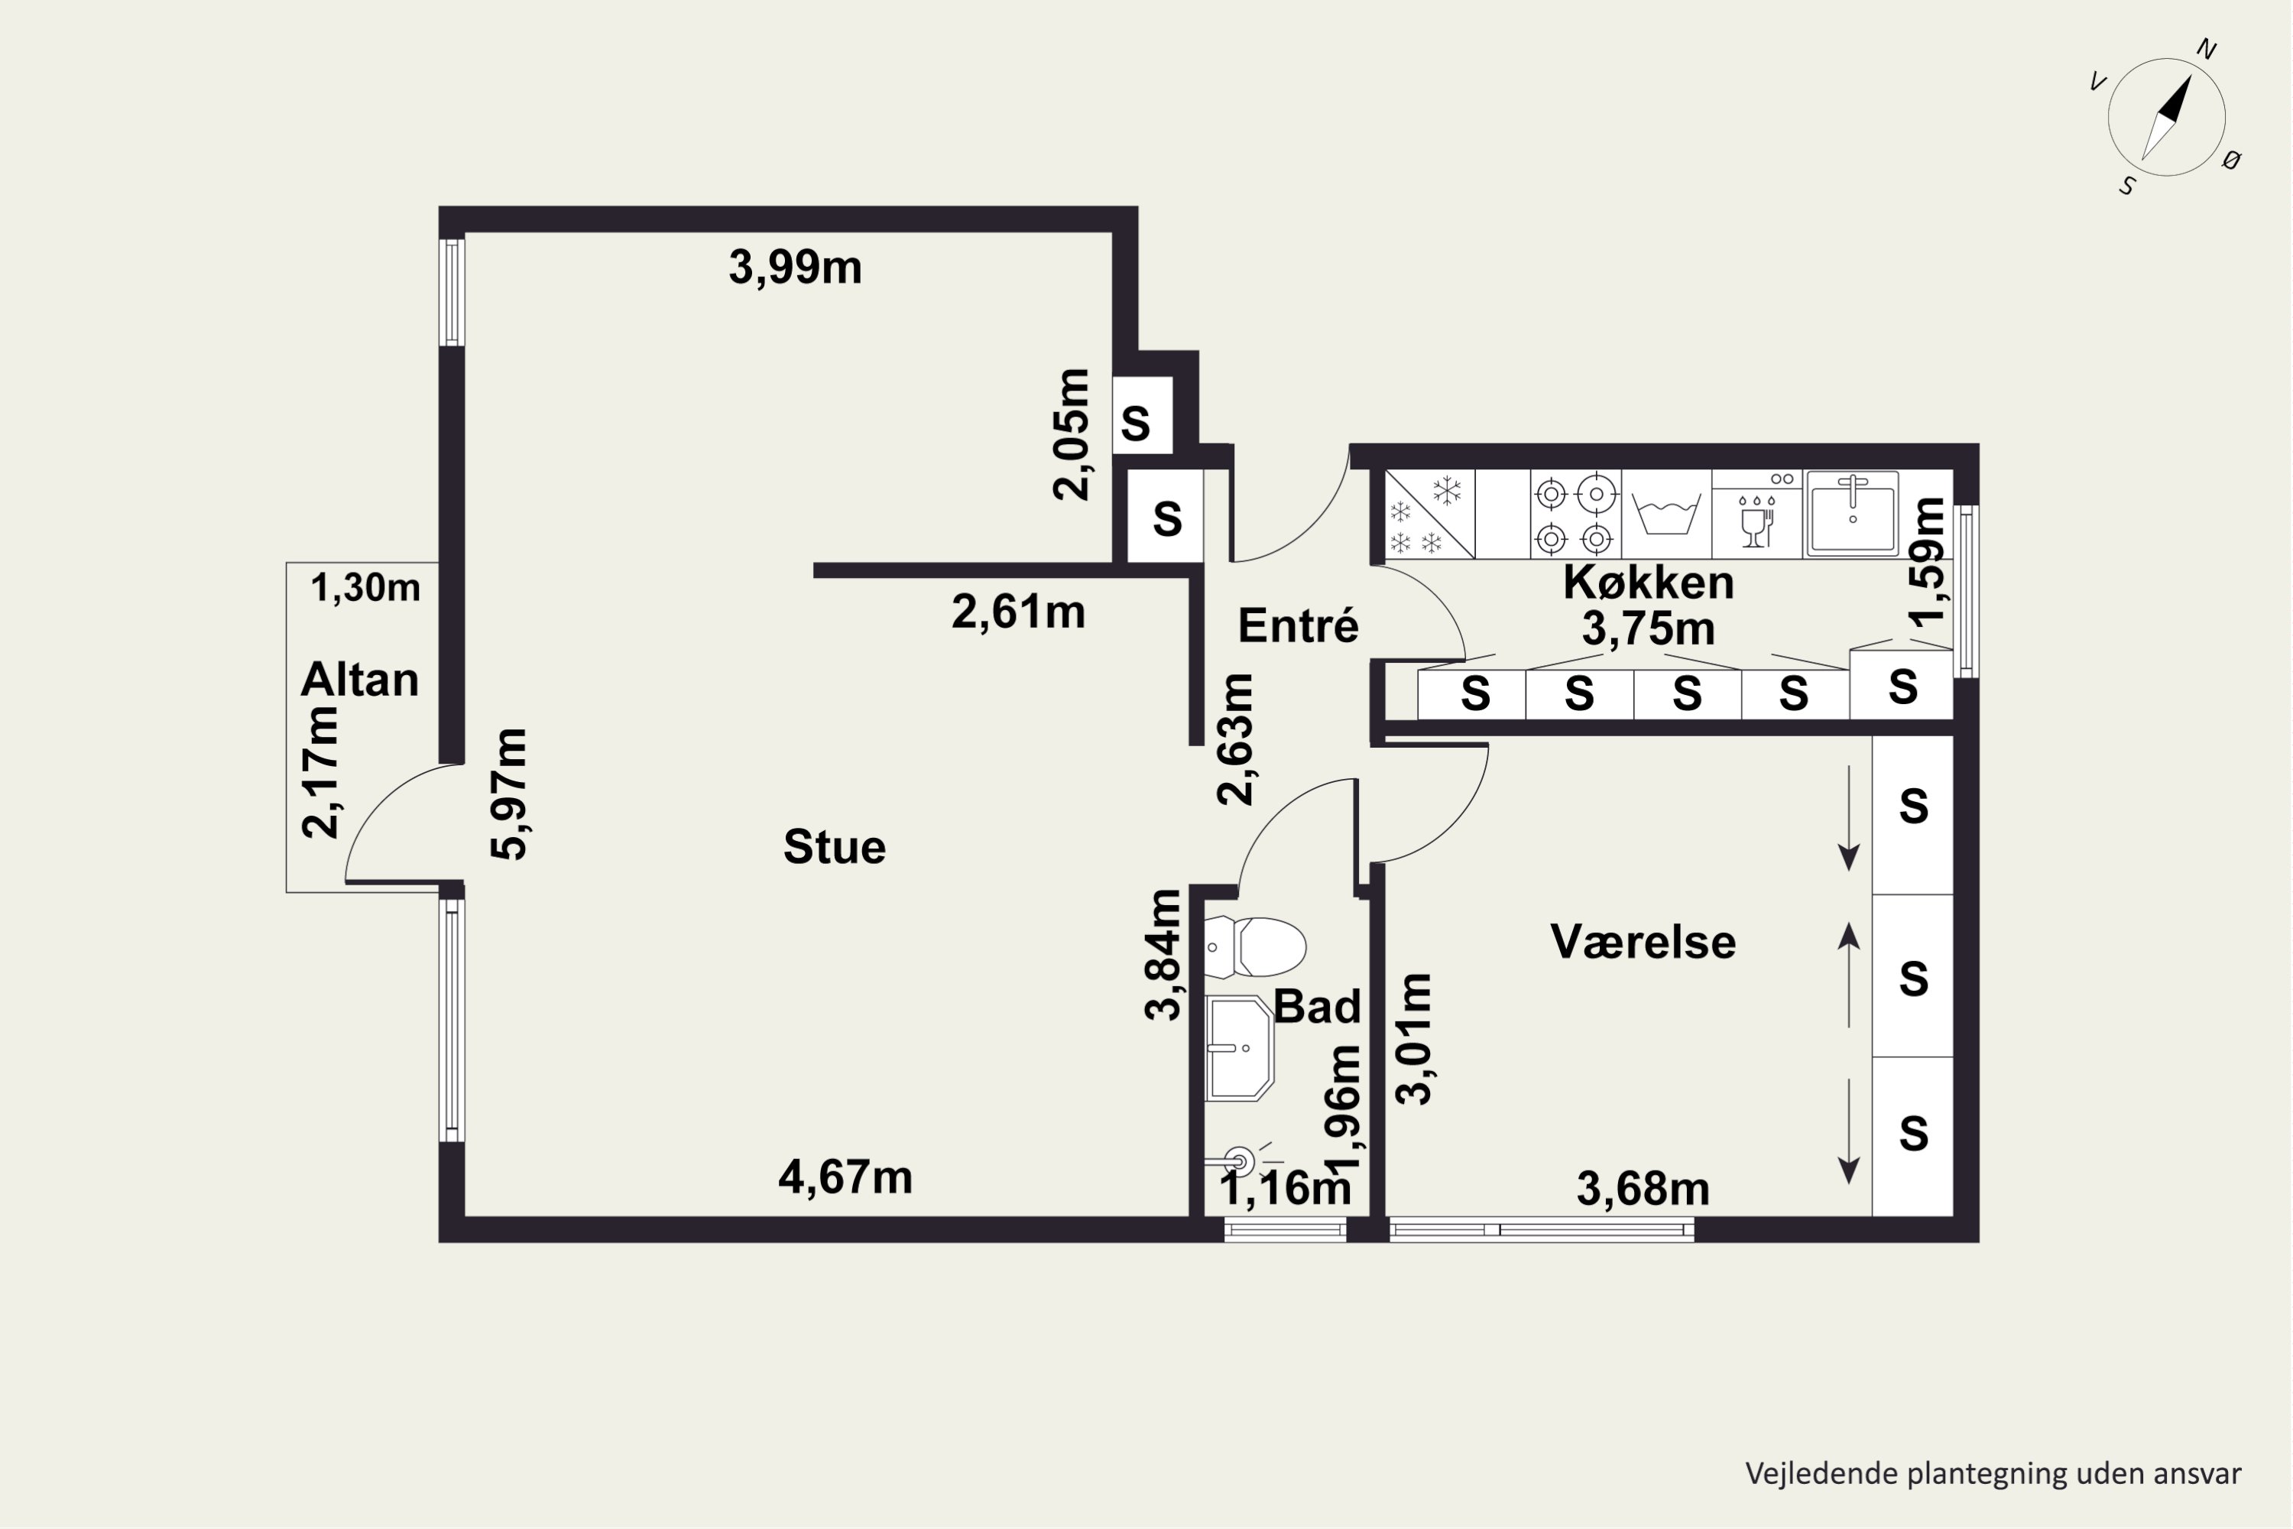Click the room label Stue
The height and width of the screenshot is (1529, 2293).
[x=835, y=846]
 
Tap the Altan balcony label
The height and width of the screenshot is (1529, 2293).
[x=360, y=679]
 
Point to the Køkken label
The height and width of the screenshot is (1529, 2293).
[x=1649, y=582]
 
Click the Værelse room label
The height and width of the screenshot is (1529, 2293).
[x=1643, y=942]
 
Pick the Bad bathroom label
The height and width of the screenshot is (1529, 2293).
[x=1317, y=1006]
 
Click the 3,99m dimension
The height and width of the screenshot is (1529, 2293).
[x=796, y=267]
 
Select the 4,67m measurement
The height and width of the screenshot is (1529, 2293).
[x=845, y=1178]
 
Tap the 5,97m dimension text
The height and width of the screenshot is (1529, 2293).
[x=509, y=794]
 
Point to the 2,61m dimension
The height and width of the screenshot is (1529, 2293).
[x=1019, y=612]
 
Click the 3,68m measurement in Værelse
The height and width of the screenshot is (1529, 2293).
[x=1643, y=1190]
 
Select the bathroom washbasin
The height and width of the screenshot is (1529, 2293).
[x=1239, y=1048]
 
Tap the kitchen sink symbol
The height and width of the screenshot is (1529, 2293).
[x=1852, y=514]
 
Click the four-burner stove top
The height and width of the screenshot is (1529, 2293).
[x=1575, y=515]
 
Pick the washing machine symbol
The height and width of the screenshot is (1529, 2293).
[x=1666, y=514]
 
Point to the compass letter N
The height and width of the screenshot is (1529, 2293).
[x=2206, y=50]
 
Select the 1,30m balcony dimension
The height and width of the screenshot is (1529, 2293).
[x=365, y=588]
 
